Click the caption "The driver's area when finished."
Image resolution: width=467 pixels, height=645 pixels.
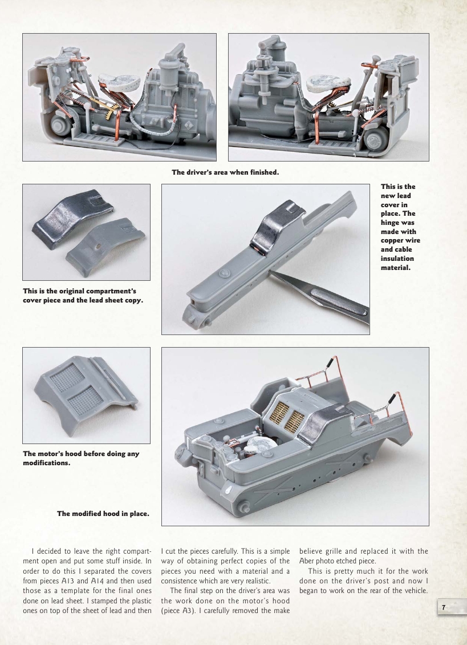tap(225, 172)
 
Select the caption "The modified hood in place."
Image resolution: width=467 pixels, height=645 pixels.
tap(103, 514)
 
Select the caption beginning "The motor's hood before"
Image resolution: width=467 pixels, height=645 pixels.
tap(81, 458)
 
